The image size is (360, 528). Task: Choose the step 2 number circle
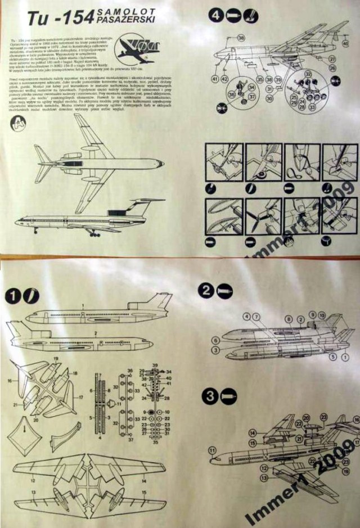pos(206,290)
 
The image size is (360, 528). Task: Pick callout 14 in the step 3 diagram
pos(253,433)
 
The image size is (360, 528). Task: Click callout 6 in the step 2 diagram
pos(215,341)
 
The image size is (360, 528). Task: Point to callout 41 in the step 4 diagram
pos(215,79)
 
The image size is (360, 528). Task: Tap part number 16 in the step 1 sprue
pos(10,381)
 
